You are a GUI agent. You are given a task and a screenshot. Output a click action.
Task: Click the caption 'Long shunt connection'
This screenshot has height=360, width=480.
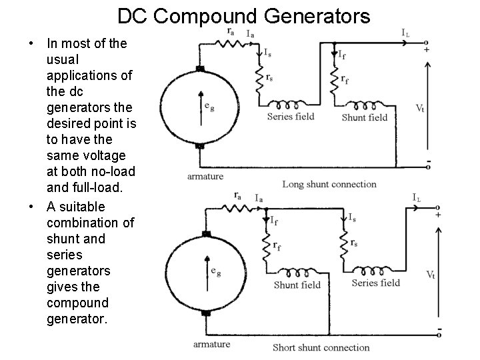pos(329,184)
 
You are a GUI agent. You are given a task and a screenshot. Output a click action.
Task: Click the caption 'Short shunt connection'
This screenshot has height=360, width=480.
pos(321,347)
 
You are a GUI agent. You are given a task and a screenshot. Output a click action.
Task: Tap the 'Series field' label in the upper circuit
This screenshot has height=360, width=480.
pos(290,117)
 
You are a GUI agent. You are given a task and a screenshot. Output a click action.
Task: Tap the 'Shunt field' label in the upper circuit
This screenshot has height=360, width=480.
pos(364,117)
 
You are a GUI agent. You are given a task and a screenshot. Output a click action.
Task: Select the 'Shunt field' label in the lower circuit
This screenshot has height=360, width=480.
pos(297,285)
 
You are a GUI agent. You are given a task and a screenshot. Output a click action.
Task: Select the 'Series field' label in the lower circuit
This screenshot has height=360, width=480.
pos(375,283)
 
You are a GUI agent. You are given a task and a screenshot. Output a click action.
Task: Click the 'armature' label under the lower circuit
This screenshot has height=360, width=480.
pos(211,344)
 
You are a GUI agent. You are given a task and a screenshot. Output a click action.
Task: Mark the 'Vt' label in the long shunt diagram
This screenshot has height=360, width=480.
pos(419,107)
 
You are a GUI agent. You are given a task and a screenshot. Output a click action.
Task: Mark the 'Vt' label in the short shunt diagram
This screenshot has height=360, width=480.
pos(431,274)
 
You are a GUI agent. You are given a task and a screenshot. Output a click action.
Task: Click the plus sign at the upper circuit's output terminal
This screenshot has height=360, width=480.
pos(427,49)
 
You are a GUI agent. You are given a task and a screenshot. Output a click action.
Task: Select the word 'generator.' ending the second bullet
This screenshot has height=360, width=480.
pos(76,319)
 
